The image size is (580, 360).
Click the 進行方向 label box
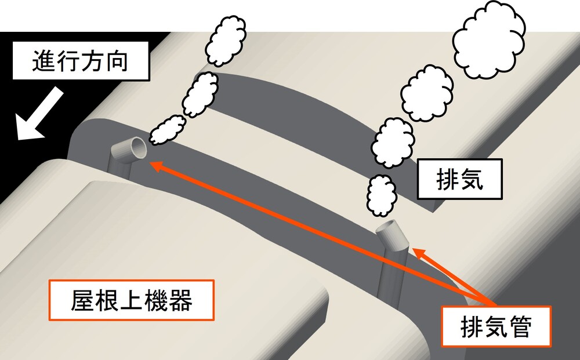click(x=81, y=61)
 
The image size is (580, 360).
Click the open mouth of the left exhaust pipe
click(x=137, y=147)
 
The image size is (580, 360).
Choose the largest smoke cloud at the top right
click(x=488, y=39)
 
